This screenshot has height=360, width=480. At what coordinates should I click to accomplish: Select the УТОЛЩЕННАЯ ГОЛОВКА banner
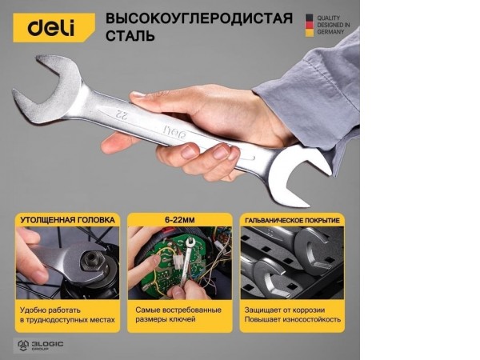[x=67, y=219]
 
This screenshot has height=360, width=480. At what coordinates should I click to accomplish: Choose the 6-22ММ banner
[x=179, y=219]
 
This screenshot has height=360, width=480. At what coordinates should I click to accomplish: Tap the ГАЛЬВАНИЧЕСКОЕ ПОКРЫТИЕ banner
[x=291, y=219]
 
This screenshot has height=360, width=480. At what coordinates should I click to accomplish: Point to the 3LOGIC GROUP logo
[x=40, y=346]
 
